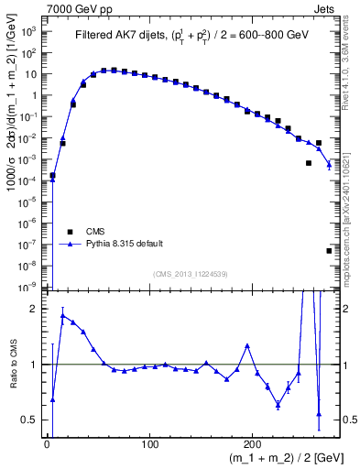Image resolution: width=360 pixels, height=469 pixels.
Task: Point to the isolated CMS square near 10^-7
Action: tap(329, 250)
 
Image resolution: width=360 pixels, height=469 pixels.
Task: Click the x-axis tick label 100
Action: tap(149, 442)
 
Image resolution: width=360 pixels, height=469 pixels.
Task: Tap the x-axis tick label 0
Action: tap(47, 442)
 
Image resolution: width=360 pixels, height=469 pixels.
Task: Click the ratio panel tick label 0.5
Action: tap(28, 420)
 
